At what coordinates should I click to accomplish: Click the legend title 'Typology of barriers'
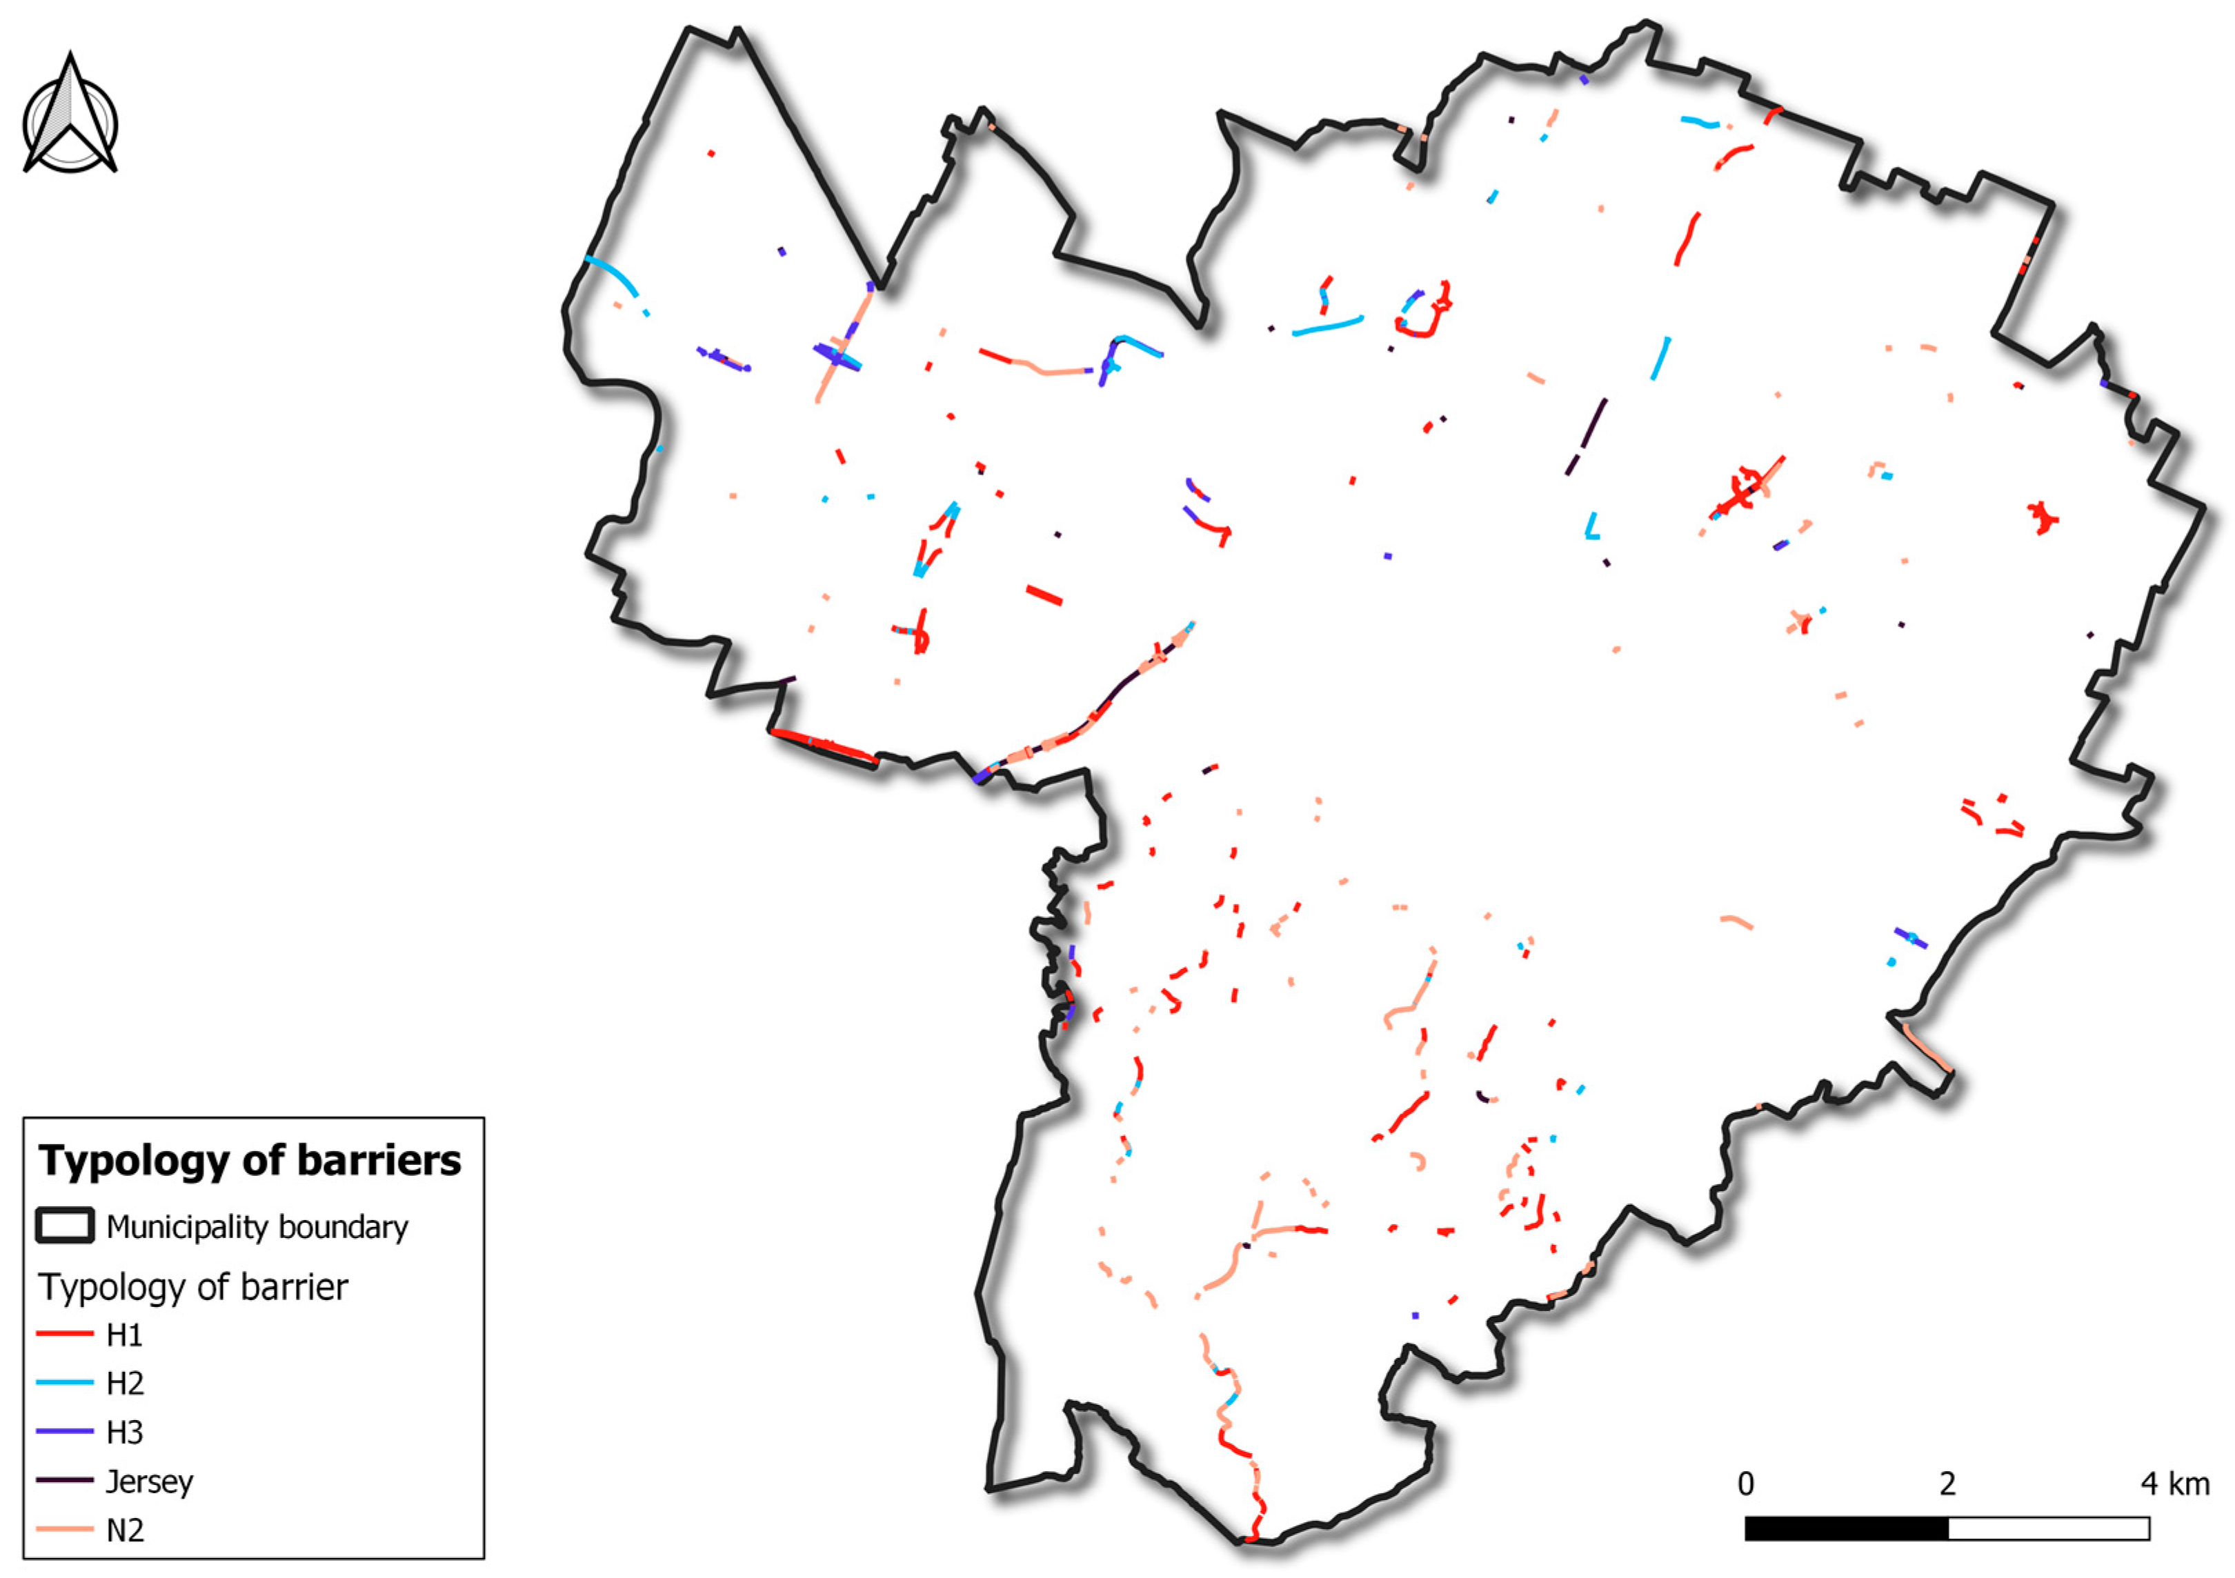[250, 1160]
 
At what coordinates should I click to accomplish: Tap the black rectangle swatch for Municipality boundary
[66, 1226]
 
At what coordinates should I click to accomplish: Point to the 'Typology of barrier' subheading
[192, 1287]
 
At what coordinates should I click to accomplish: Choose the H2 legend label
[125, 1384]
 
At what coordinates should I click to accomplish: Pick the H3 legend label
[125, 1432]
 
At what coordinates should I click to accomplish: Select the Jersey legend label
[149, 1481]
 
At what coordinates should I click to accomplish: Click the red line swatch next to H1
[66, 1334]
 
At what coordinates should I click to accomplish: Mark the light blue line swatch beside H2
[66, 1382]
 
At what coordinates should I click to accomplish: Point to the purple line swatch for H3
[66, 1431]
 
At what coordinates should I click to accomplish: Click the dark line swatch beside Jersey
[66, 1479]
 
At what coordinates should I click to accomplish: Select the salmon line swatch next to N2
[66, 1528]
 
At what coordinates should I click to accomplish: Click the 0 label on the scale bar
[1747, 1484]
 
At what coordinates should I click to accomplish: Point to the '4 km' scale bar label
[2175, 1484]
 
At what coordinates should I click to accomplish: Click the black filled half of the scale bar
[1847, 1528]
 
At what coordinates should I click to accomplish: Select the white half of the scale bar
[2048, 1528]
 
